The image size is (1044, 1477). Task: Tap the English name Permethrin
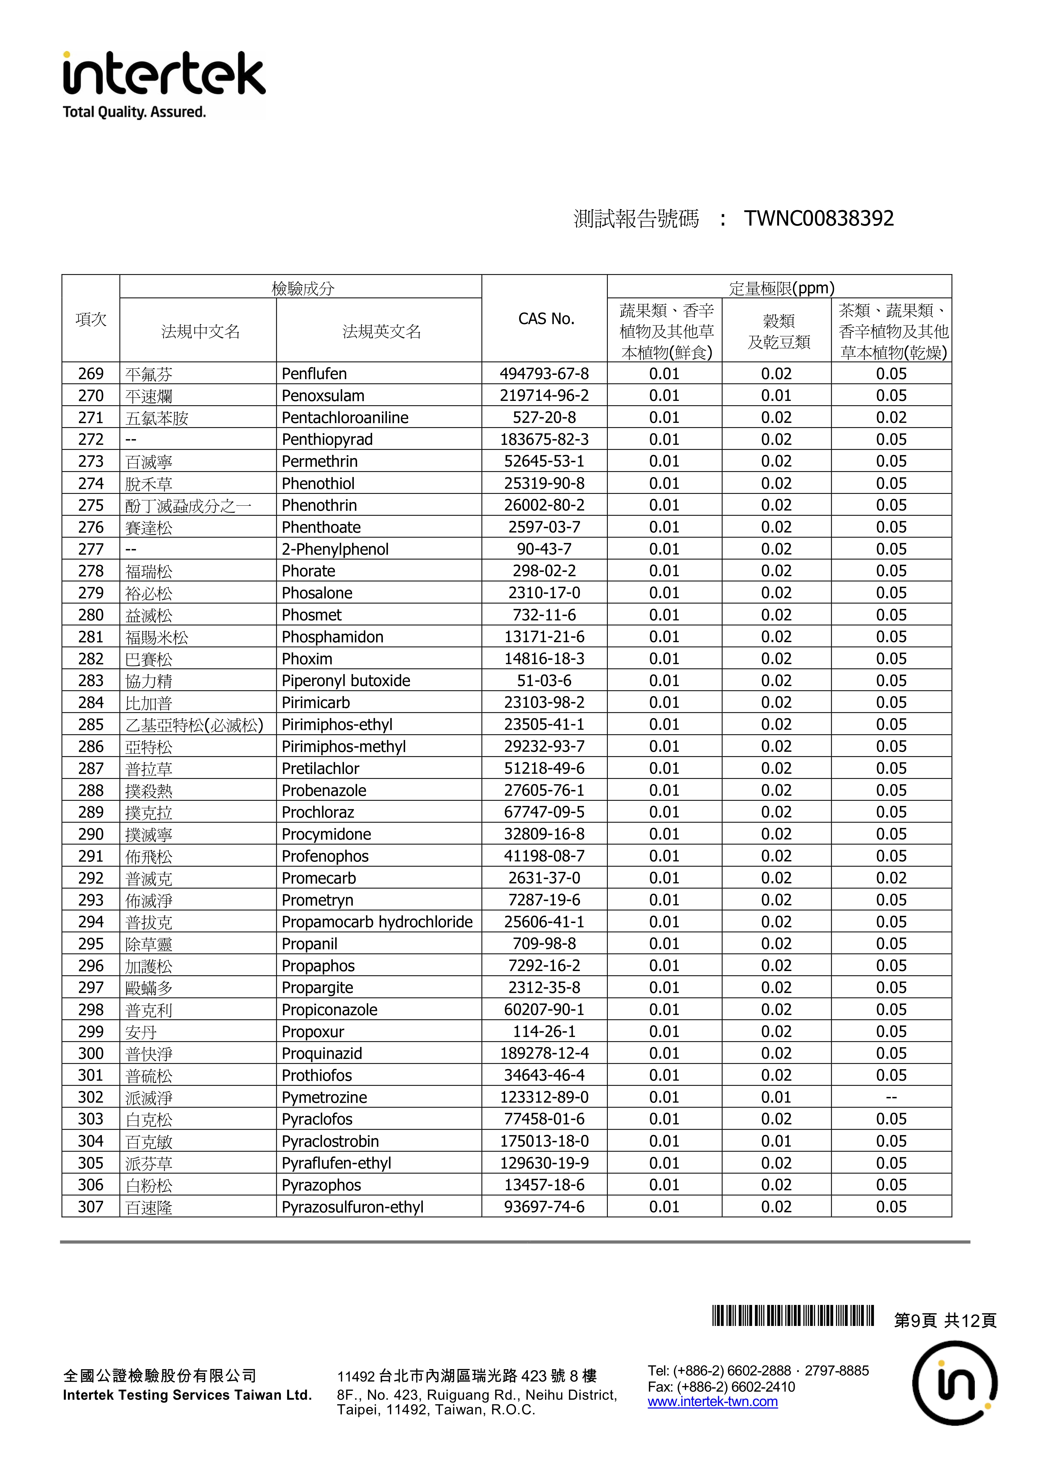point(319,461)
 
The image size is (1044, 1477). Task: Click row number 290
point(91,834)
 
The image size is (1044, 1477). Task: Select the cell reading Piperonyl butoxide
point(346,681)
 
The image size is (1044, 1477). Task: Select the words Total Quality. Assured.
point(134,112)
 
